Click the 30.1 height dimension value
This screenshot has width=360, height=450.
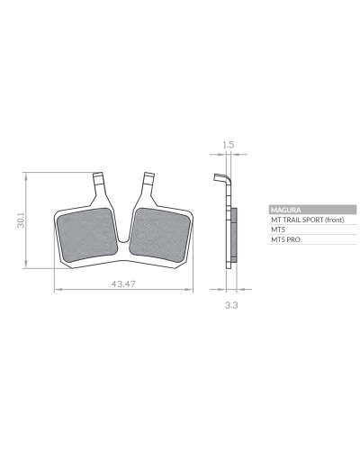21,220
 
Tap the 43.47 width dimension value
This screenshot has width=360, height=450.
123,283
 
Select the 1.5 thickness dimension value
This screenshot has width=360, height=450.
229,145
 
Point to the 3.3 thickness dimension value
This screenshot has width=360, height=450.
231,305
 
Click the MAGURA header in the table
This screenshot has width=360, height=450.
285,210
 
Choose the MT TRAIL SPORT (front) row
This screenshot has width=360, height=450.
308,220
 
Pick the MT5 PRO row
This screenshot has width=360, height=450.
285,239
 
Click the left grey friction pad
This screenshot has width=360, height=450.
87,235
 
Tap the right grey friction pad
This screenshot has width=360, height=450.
160,235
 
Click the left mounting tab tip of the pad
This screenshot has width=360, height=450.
98,175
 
